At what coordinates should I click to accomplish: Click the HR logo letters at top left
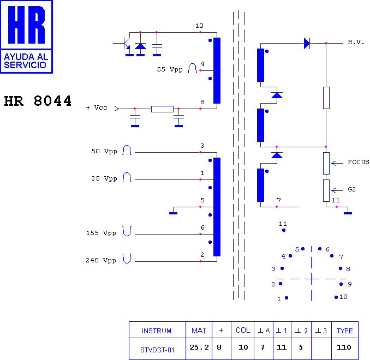(x=26, y=25)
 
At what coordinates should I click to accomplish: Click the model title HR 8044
(x=38, y=101)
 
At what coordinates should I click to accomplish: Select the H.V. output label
(x=356, y=42)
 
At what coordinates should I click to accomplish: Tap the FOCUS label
(x=359, y=162)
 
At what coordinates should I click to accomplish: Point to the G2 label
(x=351, y=189)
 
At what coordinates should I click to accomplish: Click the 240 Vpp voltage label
(x=101, y=260)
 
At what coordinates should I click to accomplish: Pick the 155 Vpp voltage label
(x=101, y=233)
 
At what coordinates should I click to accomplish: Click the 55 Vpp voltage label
(x=170, y=69)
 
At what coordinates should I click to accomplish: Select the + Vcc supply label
(x=97, y=108)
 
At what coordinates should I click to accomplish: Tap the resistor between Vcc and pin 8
(x=162, y=109)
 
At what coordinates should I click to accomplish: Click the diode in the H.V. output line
(x=307, y=44)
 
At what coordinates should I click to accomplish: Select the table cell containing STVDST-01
(x=157, y=349)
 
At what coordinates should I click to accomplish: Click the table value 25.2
(x=199, y=347)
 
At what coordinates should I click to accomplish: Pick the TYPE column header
(x=345, y=331)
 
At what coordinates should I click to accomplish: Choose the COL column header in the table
(x=243, y=331)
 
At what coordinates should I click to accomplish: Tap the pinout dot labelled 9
(x=341, y=284)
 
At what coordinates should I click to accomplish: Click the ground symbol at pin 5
(x=173, y=213)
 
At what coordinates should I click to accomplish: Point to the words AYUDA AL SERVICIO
(x=26, y=61)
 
